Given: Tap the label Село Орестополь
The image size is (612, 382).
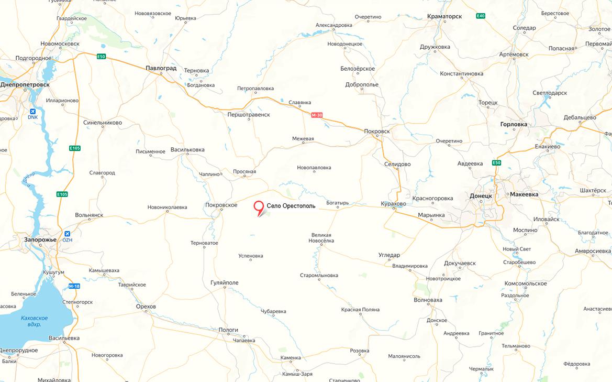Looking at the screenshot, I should [x=291, y=206].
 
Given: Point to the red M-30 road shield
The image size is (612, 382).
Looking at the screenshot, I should [x=317, y=115].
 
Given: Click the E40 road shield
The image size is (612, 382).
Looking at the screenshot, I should [x=481, y=16].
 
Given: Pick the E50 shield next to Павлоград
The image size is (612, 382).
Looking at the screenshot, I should [x=101, y=56].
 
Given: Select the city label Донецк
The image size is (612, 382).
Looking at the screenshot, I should [x=481, y=195].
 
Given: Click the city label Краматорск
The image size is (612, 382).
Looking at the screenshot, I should [x=444, y=16].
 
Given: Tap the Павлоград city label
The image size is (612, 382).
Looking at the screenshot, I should [x=161, y=68].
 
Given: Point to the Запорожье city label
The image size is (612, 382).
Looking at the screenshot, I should [x=40, y=239].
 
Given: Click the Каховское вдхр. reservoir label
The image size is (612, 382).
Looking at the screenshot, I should [x=35, y=321].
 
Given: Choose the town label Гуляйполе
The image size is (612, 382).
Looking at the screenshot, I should [x=224, y=283].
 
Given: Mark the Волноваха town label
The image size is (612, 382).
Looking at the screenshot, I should [x=428, y=300].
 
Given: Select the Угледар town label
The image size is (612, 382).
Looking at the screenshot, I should [x=389, y=255].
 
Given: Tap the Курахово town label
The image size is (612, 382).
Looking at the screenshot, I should [x=394, y=204].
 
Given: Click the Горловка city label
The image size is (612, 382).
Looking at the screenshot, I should [x=514, y=124].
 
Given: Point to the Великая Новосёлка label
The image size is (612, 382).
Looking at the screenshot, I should [x=321, y=238].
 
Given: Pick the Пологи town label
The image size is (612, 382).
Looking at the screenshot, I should [x=228, y=330].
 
